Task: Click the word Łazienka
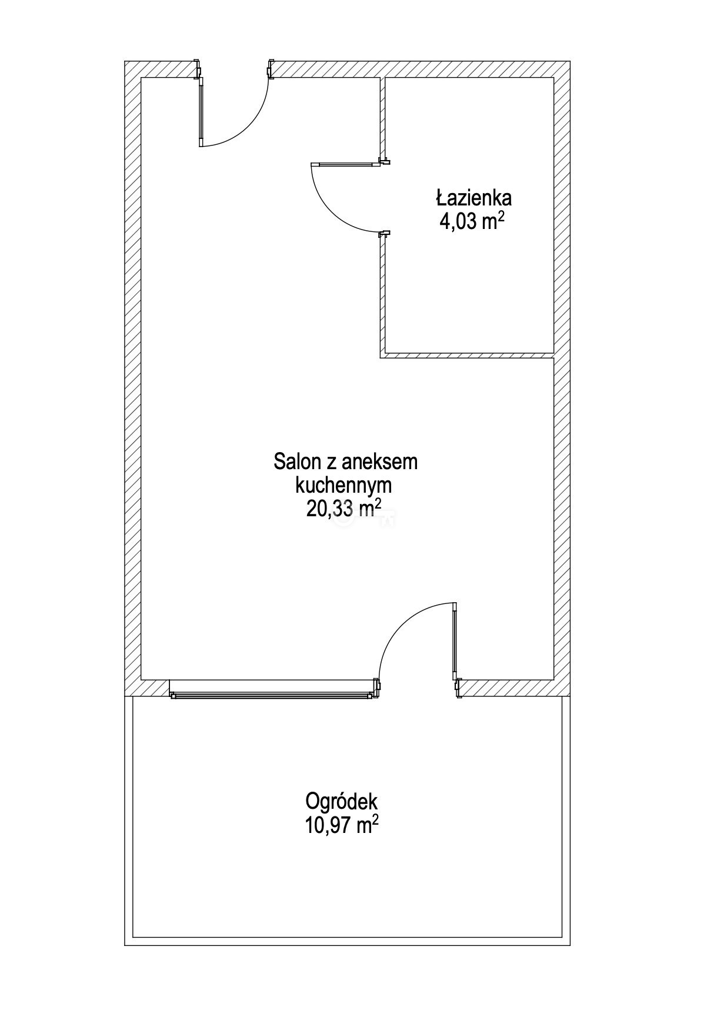473,197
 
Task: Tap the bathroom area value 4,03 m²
472,222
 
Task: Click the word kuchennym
344,486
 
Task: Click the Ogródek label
341,801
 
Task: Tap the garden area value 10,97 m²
341,825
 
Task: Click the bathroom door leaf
346,164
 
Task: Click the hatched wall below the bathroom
468,356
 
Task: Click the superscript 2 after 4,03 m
502,216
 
